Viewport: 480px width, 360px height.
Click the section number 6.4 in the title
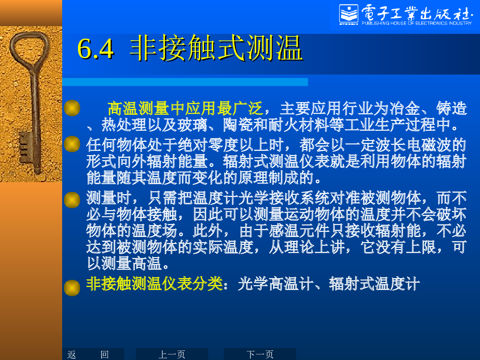(x=95, y=48)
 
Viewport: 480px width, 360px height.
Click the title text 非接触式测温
(x=216, y=48)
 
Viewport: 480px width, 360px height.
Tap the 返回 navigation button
(x=88, y=354)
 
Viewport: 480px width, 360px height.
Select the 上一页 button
(x=172, y=354)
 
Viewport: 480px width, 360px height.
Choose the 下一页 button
(x=260, y=354)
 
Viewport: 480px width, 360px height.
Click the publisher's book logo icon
(x=349, y=15)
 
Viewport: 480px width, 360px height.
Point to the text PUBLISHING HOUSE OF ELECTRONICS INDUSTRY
(x=417, y=23)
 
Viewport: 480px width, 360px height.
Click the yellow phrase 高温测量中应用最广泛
(x=185, y=109)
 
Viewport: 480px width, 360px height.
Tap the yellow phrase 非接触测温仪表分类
(x=155, y=284)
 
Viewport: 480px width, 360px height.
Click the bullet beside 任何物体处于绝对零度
(x=72, y=144)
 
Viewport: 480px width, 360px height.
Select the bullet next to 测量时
(x=72, y=200)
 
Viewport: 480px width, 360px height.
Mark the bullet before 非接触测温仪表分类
(x=72, y=288)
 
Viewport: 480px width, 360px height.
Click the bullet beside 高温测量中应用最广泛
(x=72, y=108)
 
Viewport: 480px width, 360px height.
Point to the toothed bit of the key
(x=25, y=146)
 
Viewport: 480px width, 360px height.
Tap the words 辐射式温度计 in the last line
(x=374, y=284)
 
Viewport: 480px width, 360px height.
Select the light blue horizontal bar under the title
(x=185, y=82)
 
